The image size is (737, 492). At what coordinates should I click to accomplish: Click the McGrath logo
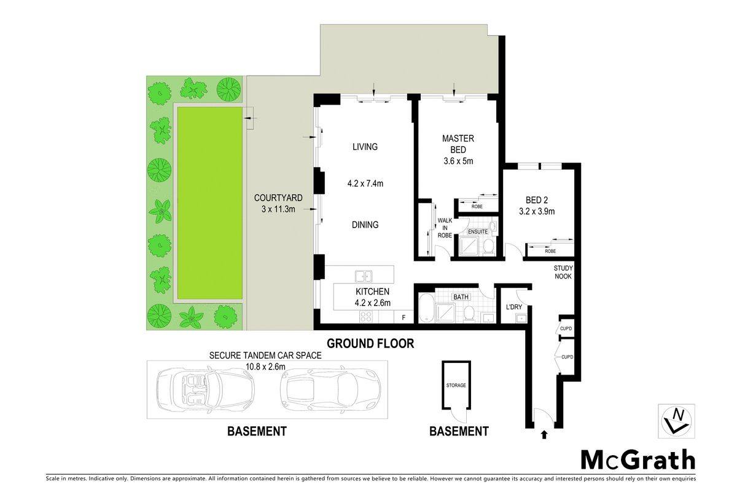coord(638,460)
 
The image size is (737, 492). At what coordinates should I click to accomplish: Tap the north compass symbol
coord(676,421)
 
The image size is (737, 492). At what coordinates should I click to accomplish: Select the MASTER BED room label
coord(458,144)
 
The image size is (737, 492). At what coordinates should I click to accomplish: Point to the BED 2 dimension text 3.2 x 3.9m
coord(537,211)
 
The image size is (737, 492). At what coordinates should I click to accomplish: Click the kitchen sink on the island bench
coord(364,276)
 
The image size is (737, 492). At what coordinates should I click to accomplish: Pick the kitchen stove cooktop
coord(366,317)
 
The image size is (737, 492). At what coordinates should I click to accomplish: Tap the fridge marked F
coord(404,317)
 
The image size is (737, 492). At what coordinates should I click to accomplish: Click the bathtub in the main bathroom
coord(427,307)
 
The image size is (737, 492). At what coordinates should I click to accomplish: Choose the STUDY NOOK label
coord(563,272)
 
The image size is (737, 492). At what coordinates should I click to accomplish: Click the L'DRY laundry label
coord(514,307)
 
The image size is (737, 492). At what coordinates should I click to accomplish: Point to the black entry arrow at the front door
coord(544,435)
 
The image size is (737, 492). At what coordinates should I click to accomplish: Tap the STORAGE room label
coord(456,385)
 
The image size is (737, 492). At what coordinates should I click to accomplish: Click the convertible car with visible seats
coord(206,390)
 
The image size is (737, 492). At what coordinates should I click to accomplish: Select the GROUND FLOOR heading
coord(370,343)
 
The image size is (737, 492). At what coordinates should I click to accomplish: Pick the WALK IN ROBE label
coord(445,228)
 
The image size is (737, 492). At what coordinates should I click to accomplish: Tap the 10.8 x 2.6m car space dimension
coord(265,366)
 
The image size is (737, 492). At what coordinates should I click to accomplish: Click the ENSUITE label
coord(478,232)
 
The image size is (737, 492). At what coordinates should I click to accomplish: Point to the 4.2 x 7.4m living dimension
coord(365,183)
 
